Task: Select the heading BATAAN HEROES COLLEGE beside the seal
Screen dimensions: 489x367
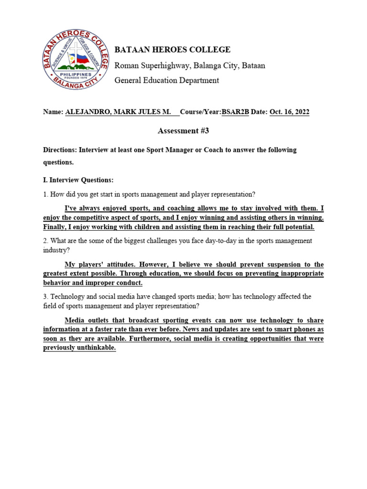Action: [x=173, y=50]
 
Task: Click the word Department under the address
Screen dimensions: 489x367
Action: [x=196, y=80]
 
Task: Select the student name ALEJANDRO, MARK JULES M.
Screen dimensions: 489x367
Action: [x=118, y=112]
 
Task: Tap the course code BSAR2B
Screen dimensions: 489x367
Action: [x=235, y=112]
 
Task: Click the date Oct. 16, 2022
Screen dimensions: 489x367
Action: [x=289, y=112]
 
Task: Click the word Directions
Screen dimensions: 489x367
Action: [x=60, y=150]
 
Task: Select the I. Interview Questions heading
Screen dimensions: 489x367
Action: [x=79, y=180]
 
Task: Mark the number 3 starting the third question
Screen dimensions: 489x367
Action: [x=45, y=297]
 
